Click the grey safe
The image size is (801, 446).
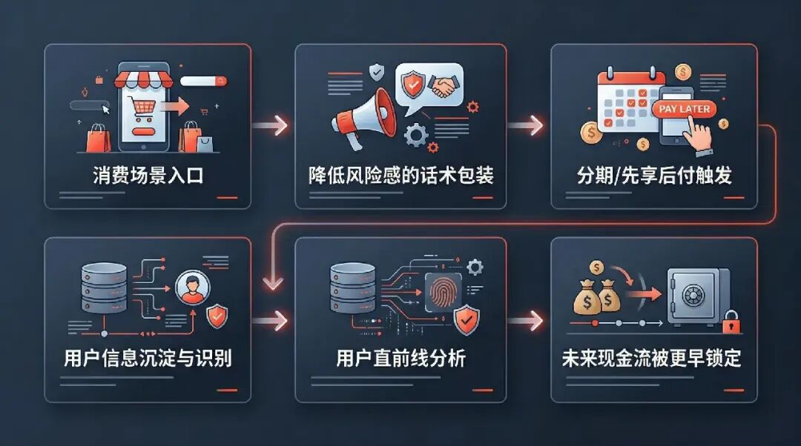coord(697,296)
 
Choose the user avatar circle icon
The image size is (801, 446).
coord(191,287)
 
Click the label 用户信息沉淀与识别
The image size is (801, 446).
coord(148,359)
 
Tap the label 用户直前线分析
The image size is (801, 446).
coord(400,359)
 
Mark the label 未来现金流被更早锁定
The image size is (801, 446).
coord(653,359)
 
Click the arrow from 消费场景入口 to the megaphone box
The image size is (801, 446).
coord(271,124)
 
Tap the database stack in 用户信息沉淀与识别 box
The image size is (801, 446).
coord(101,289)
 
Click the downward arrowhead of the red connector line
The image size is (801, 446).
coord(274,282)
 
